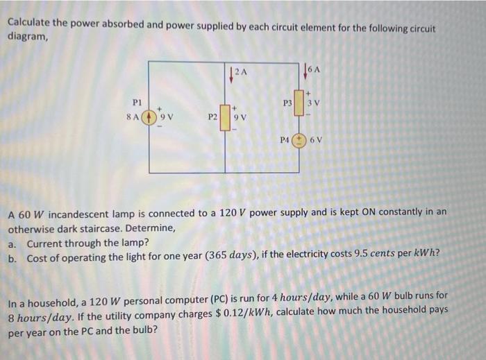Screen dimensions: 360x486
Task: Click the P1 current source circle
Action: pos(148,117)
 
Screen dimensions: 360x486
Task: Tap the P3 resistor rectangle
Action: pos(299,104)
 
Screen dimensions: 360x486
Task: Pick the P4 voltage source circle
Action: pos(299,139)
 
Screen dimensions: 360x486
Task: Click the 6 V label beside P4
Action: pos(317,139)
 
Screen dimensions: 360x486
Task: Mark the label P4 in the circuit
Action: pos(285,139)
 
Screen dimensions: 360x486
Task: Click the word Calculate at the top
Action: pos(30,22)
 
